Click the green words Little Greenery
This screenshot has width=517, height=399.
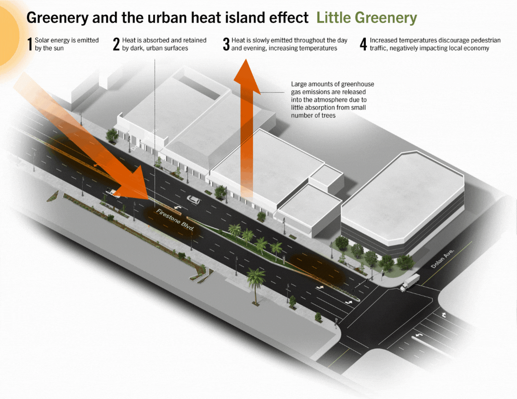[x=367, y=18]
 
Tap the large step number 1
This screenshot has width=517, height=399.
[x=30, y=44]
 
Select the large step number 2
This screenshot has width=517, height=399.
[x=116, y=44]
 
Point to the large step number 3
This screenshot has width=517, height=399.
[x=226, y=44]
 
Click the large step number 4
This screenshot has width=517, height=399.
[x=363, y=44]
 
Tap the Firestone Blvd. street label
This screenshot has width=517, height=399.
[x=175, y=220]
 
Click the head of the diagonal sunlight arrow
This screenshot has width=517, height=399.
[x=133, y=184]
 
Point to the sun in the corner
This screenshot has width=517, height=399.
[x=8, y=36]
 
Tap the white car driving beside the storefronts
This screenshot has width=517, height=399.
[x=193, y=199]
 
